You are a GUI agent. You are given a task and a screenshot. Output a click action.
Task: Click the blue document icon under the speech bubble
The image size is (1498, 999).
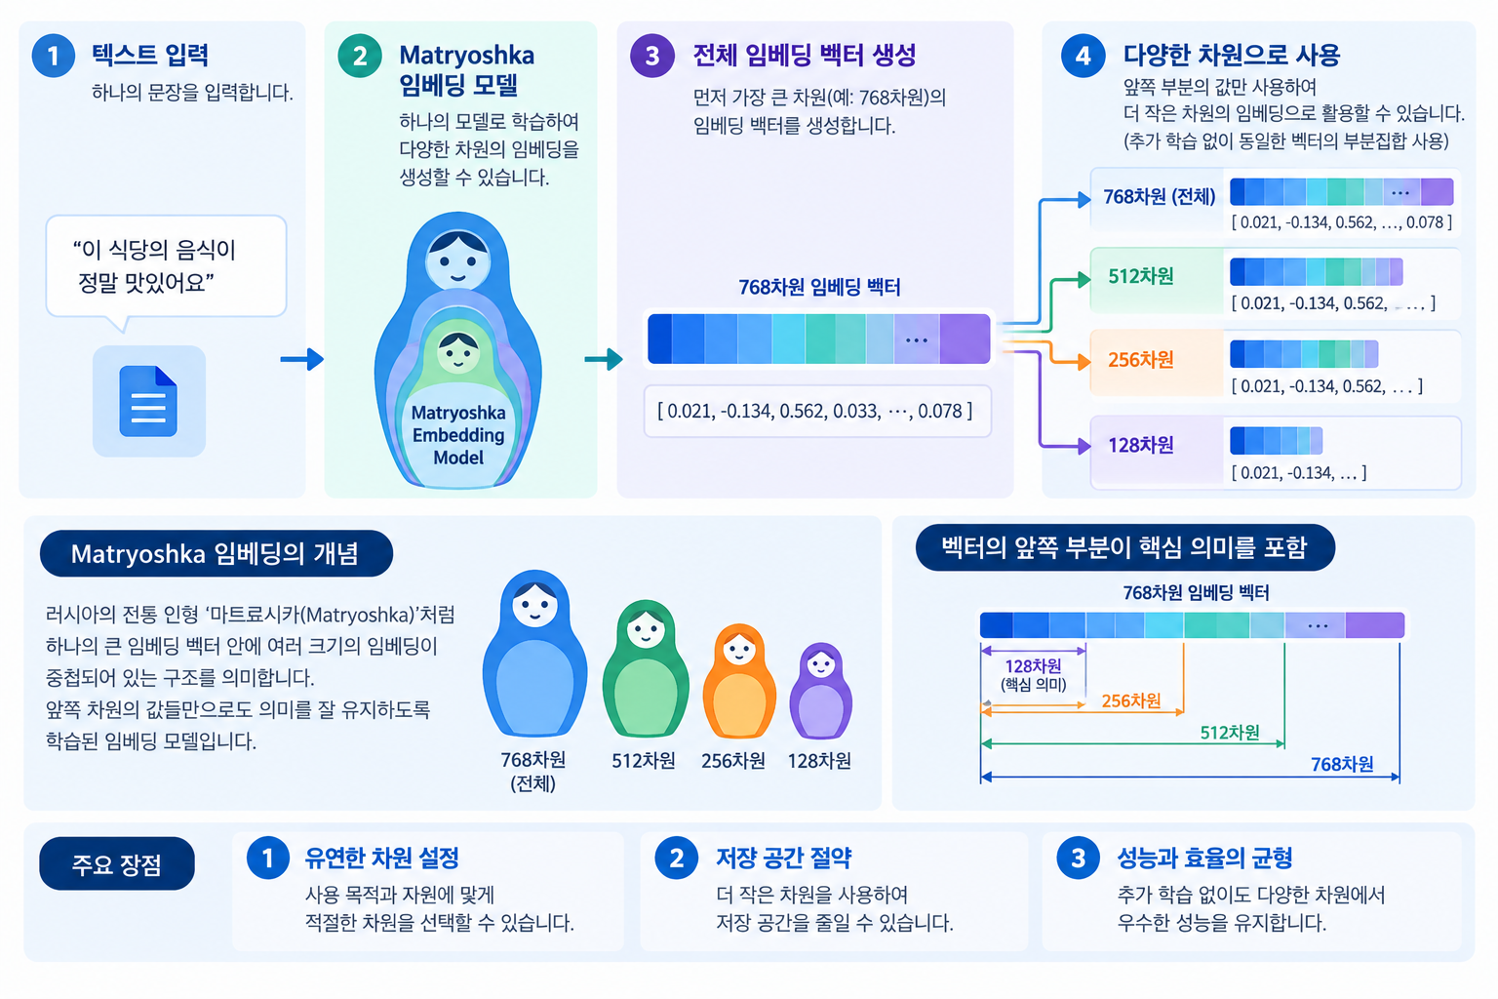(148, 401)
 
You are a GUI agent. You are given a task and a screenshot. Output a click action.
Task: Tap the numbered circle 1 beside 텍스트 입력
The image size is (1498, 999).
(54, 56)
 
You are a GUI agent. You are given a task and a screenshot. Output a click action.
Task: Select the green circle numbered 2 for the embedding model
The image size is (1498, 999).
(360, 56)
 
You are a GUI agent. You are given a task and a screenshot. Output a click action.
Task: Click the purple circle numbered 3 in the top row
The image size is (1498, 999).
(652, 56)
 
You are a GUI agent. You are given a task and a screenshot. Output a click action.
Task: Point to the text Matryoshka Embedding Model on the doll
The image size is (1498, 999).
(458, 435)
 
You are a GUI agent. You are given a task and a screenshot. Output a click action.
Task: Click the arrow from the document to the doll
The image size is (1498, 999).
(301, 359)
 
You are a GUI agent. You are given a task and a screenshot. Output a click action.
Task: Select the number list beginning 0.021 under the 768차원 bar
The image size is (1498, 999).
(815, 411)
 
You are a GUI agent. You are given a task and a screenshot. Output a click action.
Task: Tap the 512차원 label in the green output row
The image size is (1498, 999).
(1141, 276)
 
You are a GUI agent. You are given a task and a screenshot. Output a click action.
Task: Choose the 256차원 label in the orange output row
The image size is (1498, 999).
(1141, 359)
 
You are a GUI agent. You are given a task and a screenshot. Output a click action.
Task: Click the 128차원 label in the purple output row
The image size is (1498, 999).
(1141, 445)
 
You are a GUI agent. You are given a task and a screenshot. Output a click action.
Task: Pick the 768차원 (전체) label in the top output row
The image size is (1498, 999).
(1159, 197)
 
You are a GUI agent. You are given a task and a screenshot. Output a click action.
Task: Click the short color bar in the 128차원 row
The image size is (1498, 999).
(1276, 441)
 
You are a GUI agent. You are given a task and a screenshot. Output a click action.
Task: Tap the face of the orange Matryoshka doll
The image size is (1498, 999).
(739, 648)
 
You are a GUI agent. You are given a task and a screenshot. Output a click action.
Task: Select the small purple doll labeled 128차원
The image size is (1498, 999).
(820, 691)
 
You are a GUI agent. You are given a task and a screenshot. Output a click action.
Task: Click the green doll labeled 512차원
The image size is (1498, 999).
(646, 668)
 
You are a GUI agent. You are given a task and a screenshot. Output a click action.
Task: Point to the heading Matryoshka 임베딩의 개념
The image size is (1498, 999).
(215, 554)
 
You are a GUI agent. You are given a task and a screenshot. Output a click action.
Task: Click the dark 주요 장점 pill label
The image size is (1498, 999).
(117, 863)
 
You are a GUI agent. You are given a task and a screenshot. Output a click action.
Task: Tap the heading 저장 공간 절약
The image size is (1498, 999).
(784, 858)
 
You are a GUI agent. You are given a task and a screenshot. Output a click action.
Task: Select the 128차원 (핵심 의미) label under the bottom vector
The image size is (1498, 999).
(1033, 674)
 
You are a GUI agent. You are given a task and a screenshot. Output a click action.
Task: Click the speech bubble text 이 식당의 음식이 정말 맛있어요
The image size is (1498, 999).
(154, 266)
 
